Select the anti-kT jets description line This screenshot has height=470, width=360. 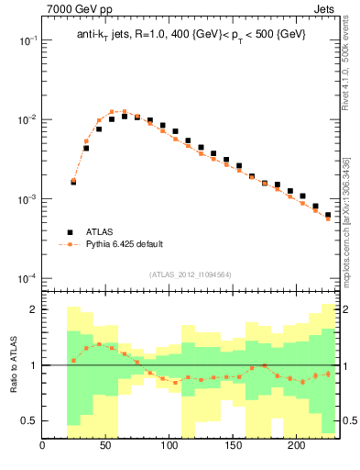191,34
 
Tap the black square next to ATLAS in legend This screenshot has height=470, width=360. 68,232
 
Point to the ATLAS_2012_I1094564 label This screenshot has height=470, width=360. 191,274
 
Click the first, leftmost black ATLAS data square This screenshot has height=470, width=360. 73,182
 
